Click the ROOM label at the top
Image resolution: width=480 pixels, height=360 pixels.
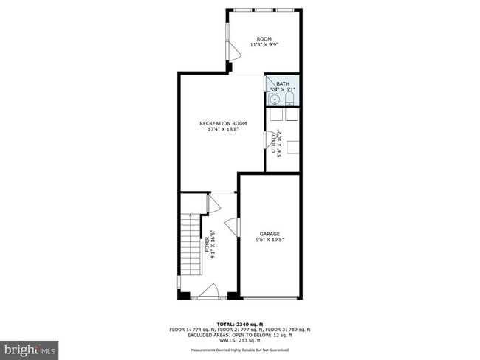(x=264, y=38)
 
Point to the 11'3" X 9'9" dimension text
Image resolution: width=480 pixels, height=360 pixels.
(x=264, y=45)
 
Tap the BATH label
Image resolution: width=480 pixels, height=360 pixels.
(x=283, y=84)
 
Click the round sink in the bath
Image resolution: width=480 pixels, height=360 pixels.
(x=275, y=100)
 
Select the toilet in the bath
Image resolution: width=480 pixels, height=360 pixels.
(x=289, y=99)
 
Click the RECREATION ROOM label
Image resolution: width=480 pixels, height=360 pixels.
(x=223, y=123)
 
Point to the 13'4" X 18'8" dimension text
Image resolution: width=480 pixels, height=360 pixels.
(x=223, y=130)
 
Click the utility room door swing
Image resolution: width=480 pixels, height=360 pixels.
(x=268, y=139)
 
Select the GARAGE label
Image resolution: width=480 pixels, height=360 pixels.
(x=269, y=234)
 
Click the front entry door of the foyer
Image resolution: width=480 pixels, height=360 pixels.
(x=208, y=291)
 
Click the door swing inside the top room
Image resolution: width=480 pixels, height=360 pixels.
(x=231, y=51)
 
